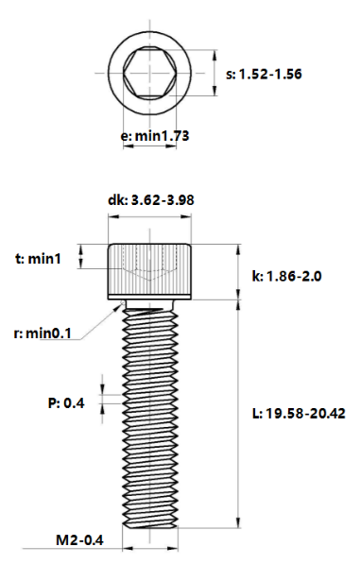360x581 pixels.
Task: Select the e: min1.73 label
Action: (x=156, y=136)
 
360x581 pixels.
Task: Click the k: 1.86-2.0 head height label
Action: (x=286, y=277)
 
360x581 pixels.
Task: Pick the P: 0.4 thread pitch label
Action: (x=66, y=403)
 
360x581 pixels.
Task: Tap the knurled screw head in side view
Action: (x=152, y=271)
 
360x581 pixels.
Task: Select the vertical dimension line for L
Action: (x=238, y=416)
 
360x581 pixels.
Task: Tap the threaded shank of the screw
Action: (x=152, y=416)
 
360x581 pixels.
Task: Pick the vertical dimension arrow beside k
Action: (x=238, y=272)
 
